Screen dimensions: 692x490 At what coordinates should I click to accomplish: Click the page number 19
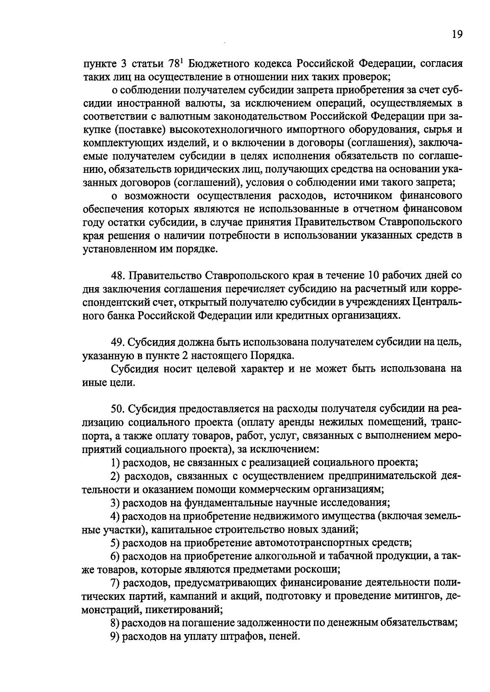[x=457, y=34]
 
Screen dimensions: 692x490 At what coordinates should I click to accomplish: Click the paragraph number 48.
[x=117, y=276]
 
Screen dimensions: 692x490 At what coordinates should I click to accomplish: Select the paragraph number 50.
[x=117, y=409]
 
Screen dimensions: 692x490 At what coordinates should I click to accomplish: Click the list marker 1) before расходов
[x=115, y=462]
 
